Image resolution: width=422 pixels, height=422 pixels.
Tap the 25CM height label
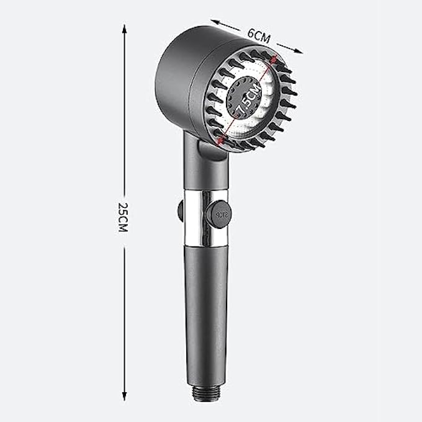[123, 217]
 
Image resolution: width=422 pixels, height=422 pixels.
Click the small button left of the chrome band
[180, 211]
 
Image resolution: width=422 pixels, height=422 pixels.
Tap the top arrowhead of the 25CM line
[124, 28]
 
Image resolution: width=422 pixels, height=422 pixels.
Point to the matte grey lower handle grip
[206, 310]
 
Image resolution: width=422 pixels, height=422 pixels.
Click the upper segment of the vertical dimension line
[124, 112]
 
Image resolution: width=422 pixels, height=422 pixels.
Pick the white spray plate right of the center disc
[270, 105]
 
